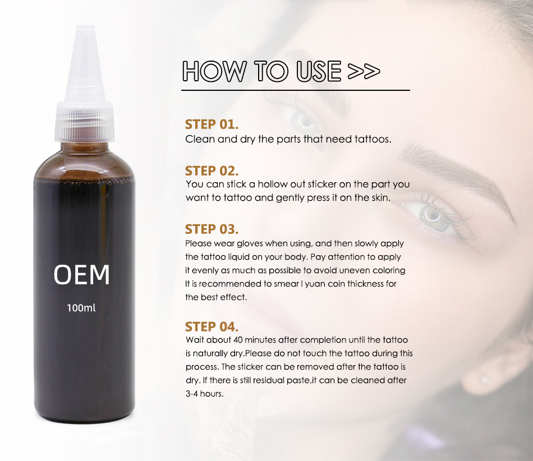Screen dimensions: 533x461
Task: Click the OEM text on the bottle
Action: coord(81,274)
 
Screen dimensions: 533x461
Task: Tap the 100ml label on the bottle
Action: coord(81,308)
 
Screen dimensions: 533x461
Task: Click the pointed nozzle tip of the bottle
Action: coord(83,27)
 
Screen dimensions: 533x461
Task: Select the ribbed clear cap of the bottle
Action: coord(84,121)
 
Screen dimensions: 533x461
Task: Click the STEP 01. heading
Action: coord(212,125)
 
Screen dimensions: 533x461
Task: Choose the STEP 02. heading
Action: coord(212,171)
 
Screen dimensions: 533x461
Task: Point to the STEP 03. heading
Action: coord(212,229)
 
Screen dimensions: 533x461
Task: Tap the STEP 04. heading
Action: coord(212,327)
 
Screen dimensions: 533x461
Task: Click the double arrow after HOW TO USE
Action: coord(364,71)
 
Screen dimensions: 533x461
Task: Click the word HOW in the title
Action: coord(214,71)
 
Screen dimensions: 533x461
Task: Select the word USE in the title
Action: coord(318,71)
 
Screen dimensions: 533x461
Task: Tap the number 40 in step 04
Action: coord(238,340)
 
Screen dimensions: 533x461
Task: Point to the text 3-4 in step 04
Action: coord(192,394)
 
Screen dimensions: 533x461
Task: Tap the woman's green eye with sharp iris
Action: coord(434,215)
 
